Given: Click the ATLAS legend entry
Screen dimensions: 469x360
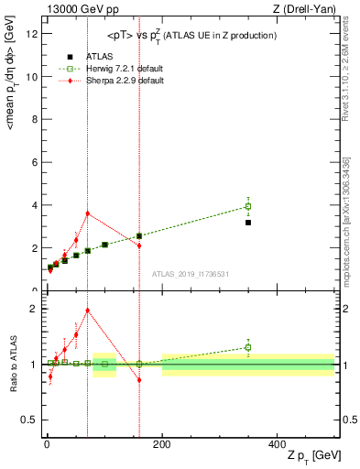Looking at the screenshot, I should (89, 56).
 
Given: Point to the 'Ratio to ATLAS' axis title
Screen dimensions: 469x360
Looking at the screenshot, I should (12, 365).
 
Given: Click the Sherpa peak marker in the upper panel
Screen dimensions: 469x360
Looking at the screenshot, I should (87, 213).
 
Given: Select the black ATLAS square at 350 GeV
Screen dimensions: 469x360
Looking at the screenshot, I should (248, 223).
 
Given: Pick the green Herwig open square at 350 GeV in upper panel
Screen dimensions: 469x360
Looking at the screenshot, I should (248, 206).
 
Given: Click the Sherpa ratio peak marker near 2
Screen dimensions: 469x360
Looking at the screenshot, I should (87, 310).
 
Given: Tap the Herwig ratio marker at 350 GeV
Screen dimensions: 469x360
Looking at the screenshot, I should (248, 347).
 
